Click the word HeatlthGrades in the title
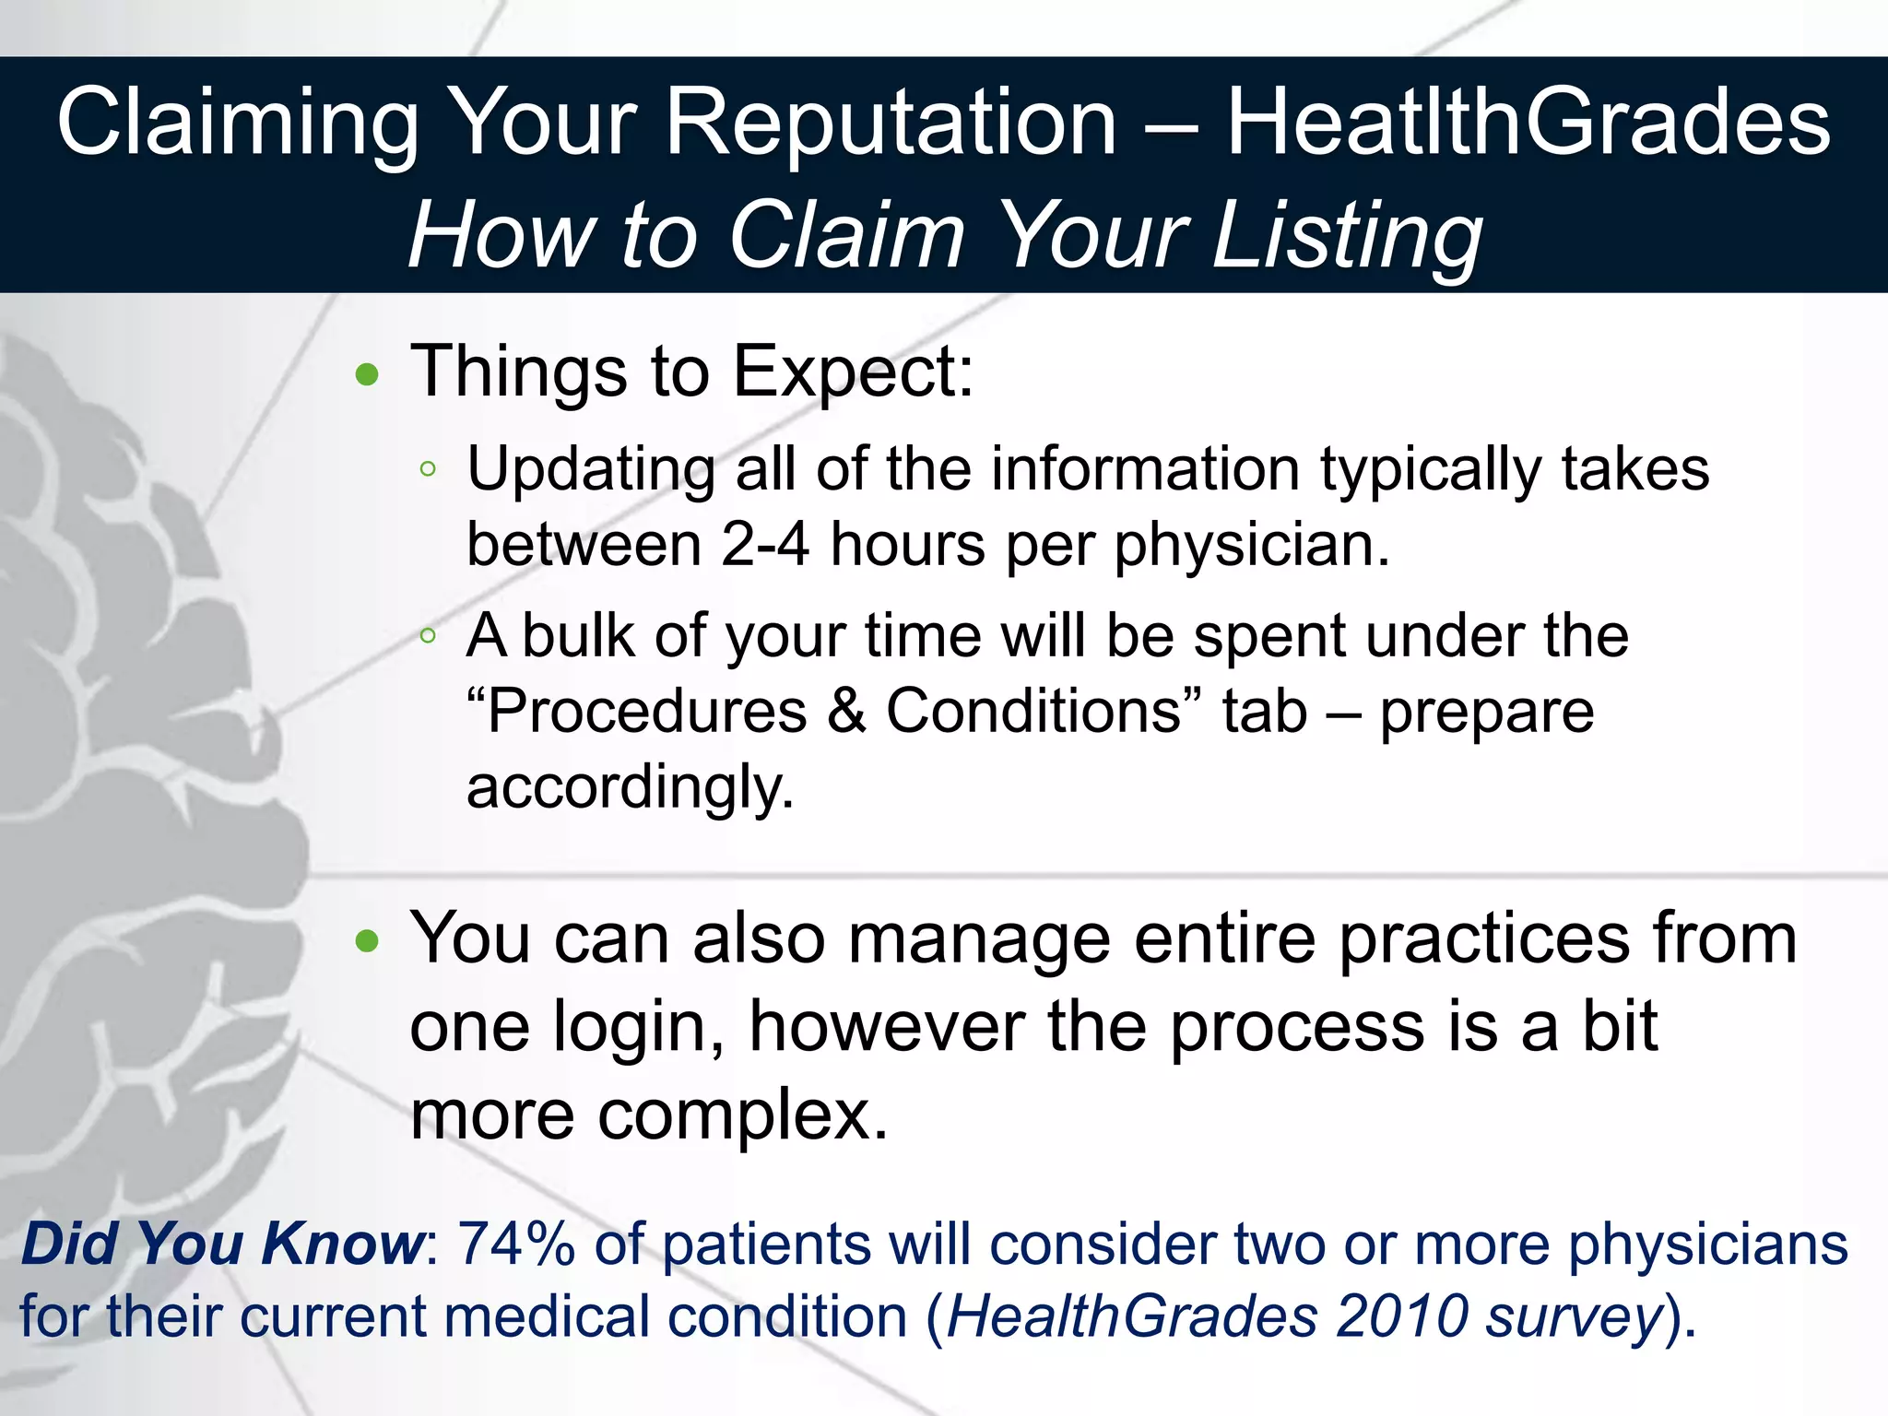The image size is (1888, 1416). (1528, 124)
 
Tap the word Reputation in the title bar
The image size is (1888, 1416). (891, 124)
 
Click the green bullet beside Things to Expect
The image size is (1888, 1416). (367, 374)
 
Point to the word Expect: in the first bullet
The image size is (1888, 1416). (853, 372)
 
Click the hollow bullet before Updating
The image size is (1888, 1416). (427, 469)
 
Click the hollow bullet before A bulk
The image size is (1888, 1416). (427, 635)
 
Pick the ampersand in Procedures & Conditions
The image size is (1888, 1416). (847, 711)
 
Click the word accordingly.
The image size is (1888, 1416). (630, 788)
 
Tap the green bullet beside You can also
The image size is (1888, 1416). (367, 940)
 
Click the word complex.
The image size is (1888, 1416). (743, 1115)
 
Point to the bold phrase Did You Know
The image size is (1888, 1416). (222, 1244)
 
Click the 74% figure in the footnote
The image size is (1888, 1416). (516, 1244)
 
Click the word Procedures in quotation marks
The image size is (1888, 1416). (645, 711)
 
